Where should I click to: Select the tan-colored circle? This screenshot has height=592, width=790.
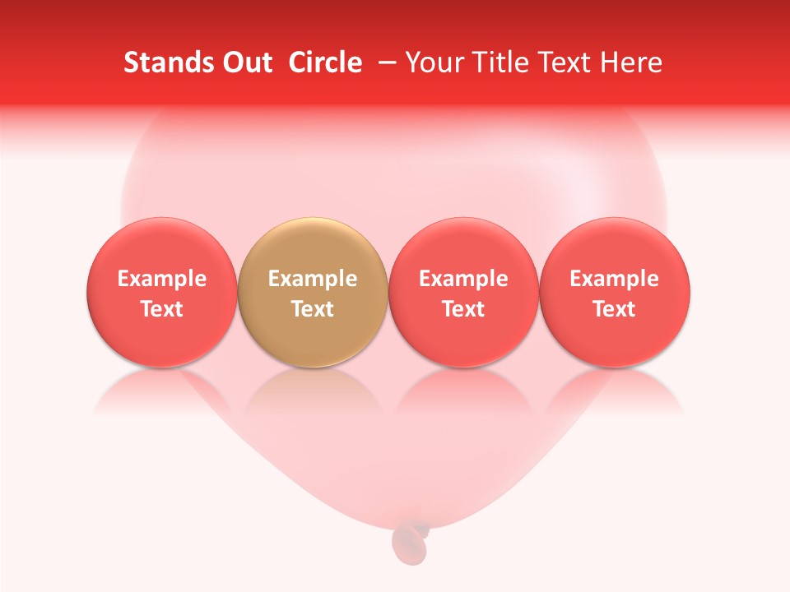click(313, 292)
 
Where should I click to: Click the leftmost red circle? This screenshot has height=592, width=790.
click(162, 292)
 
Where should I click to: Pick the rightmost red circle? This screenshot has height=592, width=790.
click(615, 292)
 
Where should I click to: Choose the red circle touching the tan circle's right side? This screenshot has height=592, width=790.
click(463, 292)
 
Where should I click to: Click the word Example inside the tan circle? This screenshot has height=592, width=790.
click(313, 279)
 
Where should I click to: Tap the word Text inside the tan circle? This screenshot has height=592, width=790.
click(313, 309)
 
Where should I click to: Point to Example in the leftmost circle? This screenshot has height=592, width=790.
click(162, 279)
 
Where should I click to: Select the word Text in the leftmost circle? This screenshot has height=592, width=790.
click(162, 309)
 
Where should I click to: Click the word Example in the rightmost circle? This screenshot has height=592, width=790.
click(615, 279)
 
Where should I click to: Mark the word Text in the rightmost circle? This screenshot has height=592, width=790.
click(615, 309)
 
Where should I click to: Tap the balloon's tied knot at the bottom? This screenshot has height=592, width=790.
click(409, 539)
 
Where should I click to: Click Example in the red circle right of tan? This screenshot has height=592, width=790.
click(463, 279)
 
